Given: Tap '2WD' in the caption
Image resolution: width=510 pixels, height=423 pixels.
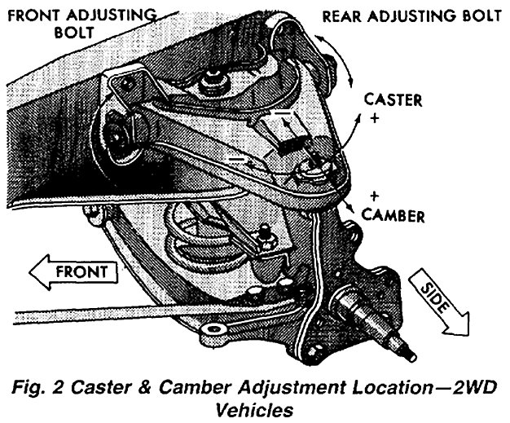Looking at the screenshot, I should pyautogui.click(x=453, y=384).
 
